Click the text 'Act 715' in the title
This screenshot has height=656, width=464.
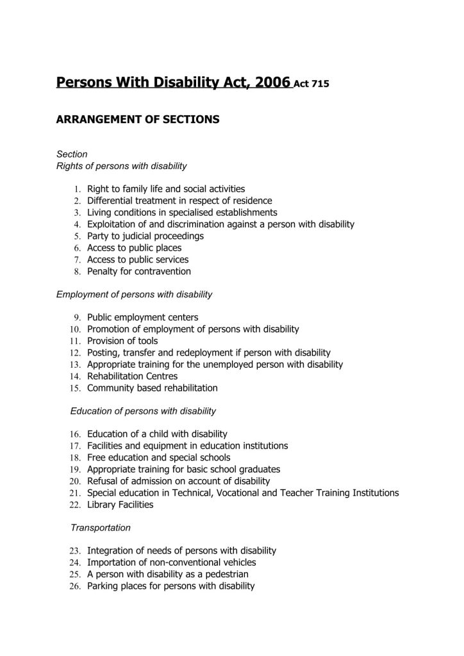(312, 84)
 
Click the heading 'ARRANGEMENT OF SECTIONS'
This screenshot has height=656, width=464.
(138, 119)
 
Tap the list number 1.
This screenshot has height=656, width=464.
(76, 189)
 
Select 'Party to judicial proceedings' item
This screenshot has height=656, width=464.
(145, 236)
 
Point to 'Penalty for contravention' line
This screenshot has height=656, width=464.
(139, 271)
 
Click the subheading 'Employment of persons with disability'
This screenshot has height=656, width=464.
(134, 295)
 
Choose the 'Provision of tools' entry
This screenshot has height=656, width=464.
(122, 341)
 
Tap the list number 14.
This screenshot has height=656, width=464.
(74, 376)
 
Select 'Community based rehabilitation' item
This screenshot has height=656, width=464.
(153, 388)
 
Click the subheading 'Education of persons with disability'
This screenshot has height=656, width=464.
(143, 411)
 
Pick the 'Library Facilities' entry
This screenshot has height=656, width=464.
(120, 504)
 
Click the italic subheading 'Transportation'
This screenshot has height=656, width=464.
(101, 528)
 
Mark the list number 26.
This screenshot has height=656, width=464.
(74, 586)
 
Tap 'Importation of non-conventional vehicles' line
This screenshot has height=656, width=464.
(166, 562)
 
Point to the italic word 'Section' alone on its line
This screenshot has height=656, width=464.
(72, 154)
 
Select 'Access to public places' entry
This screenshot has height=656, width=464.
(135, 247)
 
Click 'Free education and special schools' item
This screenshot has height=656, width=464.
(159, 457)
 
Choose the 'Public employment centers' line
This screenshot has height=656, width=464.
(143, 317)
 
